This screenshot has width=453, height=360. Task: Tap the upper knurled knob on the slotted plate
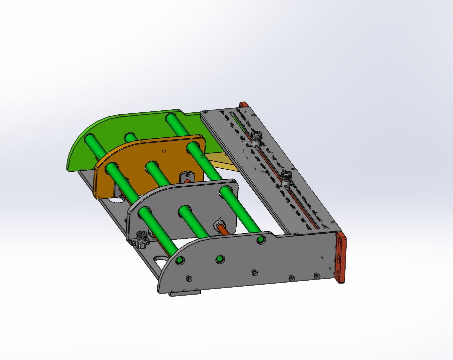tap(256, 136)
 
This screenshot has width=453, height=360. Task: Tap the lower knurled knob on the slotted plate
tap(286, 177)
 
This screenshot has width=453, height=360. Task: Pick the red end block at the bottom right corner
tap(341, 258)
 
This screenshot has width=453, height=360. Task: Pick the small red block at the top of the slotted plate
tap(244, 105)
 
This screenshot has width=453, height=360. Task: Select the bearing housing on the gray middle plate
tap(219, 225)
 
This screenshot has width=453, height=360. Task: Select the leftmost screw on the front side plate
tap(189, 278)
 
